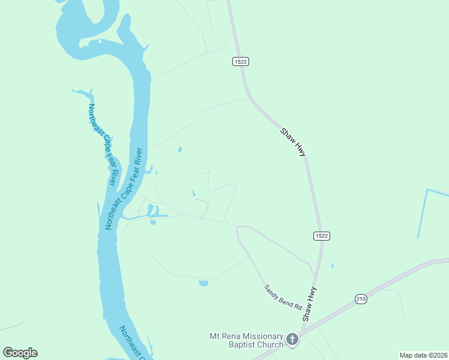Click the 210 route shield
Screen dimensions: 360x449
(361, 299)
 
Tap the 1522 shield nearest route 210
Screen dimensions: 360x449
(321, 236)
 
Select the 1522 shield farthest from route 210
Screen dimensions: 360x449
(241, 61)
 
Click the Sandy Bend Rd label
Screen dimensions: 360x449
(283, 296)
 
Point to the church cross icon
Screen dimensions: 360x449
(292, 340)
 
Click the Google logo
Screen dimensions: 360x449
(20, 353)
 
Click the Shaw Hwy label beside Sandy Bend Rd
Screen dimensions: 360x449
(309, 304)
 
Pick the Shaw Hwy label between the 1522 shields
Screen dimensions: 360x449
(294, 142)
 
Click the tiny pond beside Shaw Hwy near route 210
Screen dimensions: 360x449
(332, 266)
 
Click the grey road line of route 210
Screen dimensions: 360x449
(390, 280)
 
